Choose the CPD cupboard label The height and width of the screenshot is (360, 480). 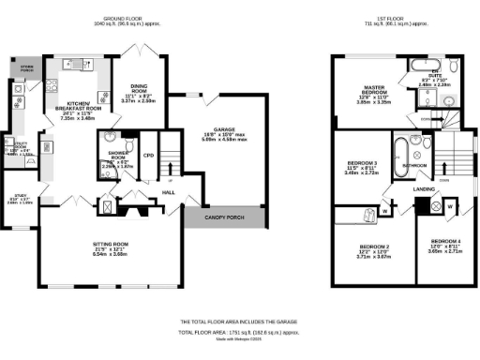coord(148,144)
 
